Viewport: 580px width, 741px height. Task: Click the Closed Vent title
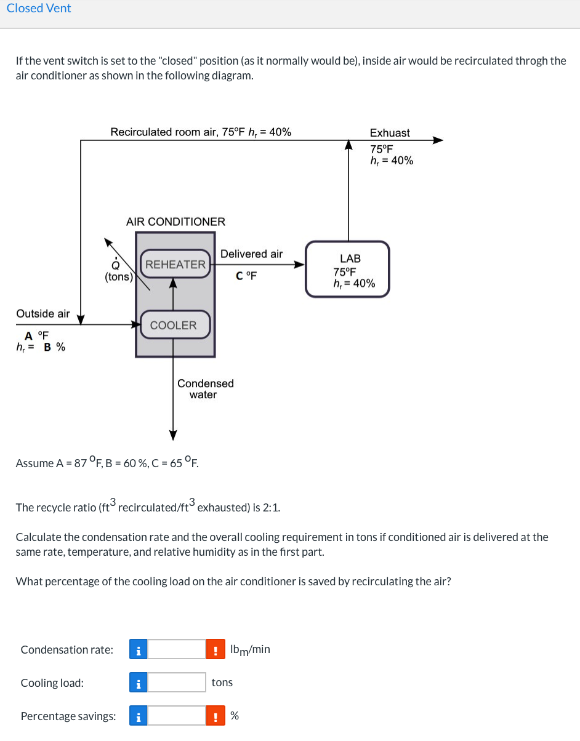pos(39,9)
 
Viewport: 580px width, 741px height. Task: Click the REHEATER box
pos(175,265)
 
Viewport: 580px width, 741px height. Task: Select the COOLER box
pos(174,325)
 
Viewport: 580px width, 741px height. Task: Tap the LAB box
pos(348,270)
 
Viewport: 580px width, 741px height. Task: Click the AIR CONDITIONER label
pos(175,222)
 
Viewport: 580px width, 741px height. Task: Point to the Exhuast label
pos(389,133)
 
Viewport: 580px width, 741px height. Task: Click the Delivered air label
pos(251,254)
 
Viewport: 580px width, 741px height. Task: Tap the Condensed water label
pos(205,389)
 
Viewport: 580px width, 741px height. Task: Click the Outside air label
pos(43,314)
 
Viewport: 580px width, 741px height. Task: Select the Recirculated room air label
pos(201,132)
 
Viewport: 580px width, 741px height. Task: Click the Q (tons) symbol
pos(116,271)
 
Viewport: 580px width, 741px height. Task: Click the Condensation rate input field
pos(177,649)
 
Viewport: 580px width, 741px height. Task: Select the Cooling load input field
pos(177,683)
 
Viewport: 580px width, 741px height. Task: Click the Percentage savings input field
pos(177,716)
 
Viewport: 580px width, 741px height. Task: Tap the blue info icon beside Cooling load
pos(139,683)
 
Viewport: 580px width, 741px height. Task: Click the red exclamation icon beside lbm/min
pos(215,649)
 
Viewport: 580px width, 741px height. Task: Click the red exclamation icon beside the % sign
pos(215,716)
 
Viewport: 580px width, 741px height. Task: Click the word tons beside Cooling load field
pos(222,683)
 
